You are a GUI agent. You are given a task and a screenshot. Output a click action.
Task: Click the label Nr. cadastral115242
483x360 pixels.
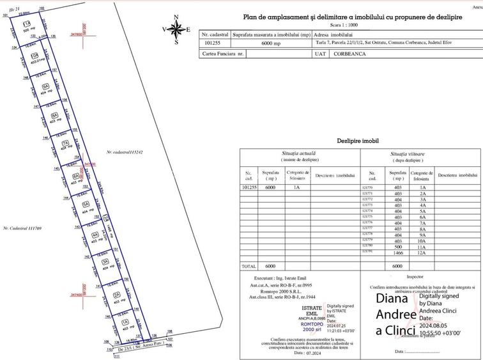coord(125,152)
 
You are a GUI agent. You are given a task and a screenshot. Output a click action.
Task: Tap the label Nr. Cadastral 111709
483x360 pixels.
coord(22,228)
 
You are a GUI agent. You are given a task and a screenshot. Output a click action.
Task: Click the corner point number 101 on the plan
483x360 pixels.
coord(5,14)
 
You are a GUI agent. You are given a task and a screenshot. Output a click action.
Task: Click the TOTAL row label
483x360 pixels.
coord(248,265)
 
